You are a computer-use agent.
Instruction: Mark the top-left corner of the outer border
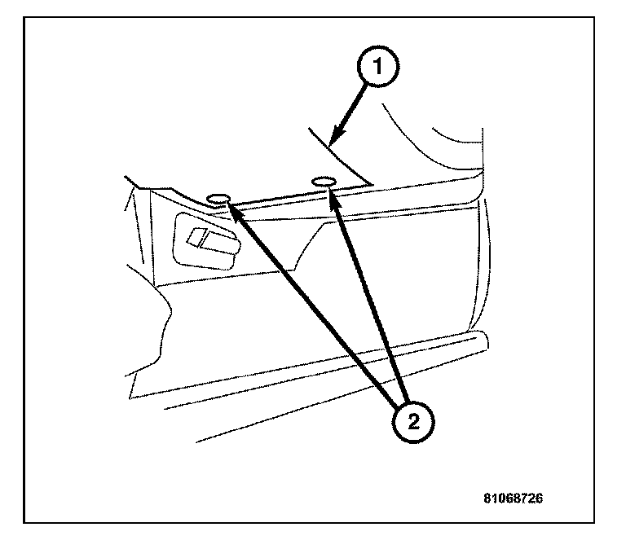pyautogui.click(x=24, y=18)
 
